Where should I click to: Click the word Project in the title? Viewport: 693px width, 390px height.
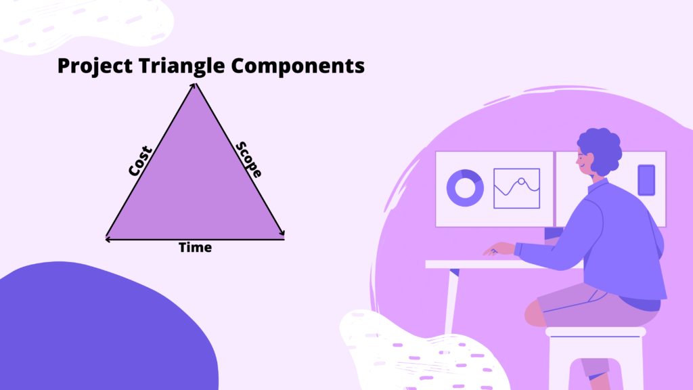click(x=95, y=66)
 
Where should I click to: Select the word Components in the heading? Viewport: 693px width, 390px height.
click(x=298, y=66)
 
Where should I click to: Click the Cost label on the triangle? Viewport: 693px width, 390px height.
click(x=140, y=161)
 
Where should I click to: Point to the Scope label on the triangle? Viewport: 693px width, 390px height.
click(x=249, y=159)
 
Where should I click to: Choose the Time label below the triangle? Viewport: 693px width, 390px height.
click(x=195, y=247)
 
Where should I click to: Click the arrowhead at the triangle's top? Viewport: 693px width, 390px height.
click(x=194, y=85)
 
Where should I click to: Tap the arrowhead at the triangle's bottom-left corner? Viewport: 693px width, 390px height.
click(x=108, y=239)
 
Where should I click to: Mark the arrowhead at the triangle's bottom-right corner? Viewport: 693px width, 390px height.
click(x=282, y=232)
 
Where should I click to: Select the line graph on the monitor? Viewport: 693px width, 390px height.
click(x=516, y=188)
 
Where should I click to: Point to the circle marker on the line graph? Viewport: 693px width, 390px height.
click(x=522, y=181)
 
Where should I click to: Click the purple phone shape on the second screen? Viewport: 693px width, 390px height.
click(x=646, y=180)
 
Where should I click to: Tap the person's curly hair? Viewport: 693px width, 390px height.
click(x=601, y=150)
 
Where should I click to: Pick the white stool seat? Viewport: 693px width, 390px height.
click(x=596, y=332)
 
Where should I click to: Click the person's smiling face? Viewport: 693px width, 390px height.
click(x=585, y=162)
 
